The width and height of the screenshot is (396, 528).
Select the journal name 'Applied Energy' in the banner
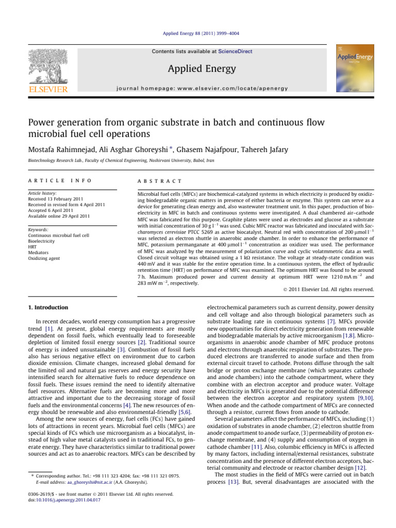coord(197,69)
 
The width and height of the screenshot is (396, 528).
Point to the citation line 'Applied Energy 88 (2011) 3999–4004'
coord(198,34)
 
